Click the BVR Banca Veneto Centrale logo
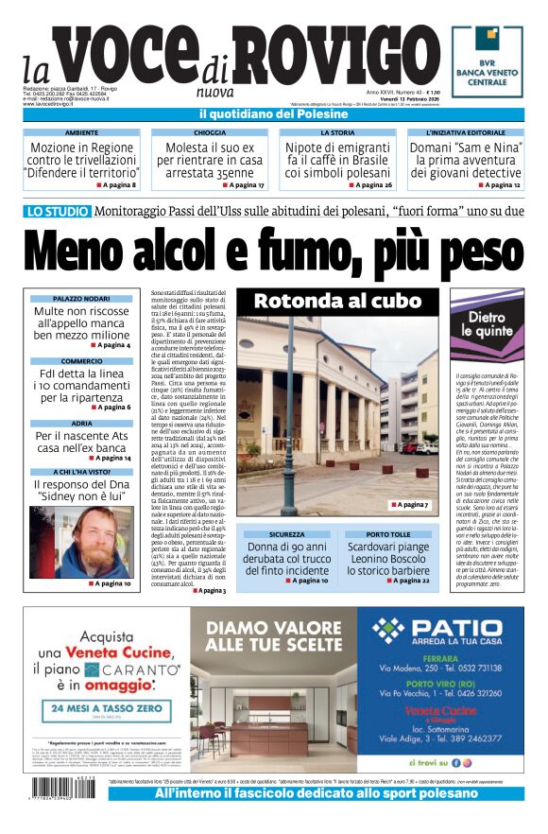tap(487, 61)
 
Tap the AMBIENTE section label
tap(81, 133)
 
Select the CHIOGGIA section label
tap(209, 133)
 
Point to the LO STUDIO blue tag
tap(59, 213)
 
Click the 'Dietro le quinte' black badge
tap(487, 324)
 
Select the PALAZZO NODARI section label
tap(81, 299)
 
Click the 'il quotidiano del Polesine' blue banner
tap(274, 114)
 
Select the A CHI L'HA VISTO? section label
tap(81, 471)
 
